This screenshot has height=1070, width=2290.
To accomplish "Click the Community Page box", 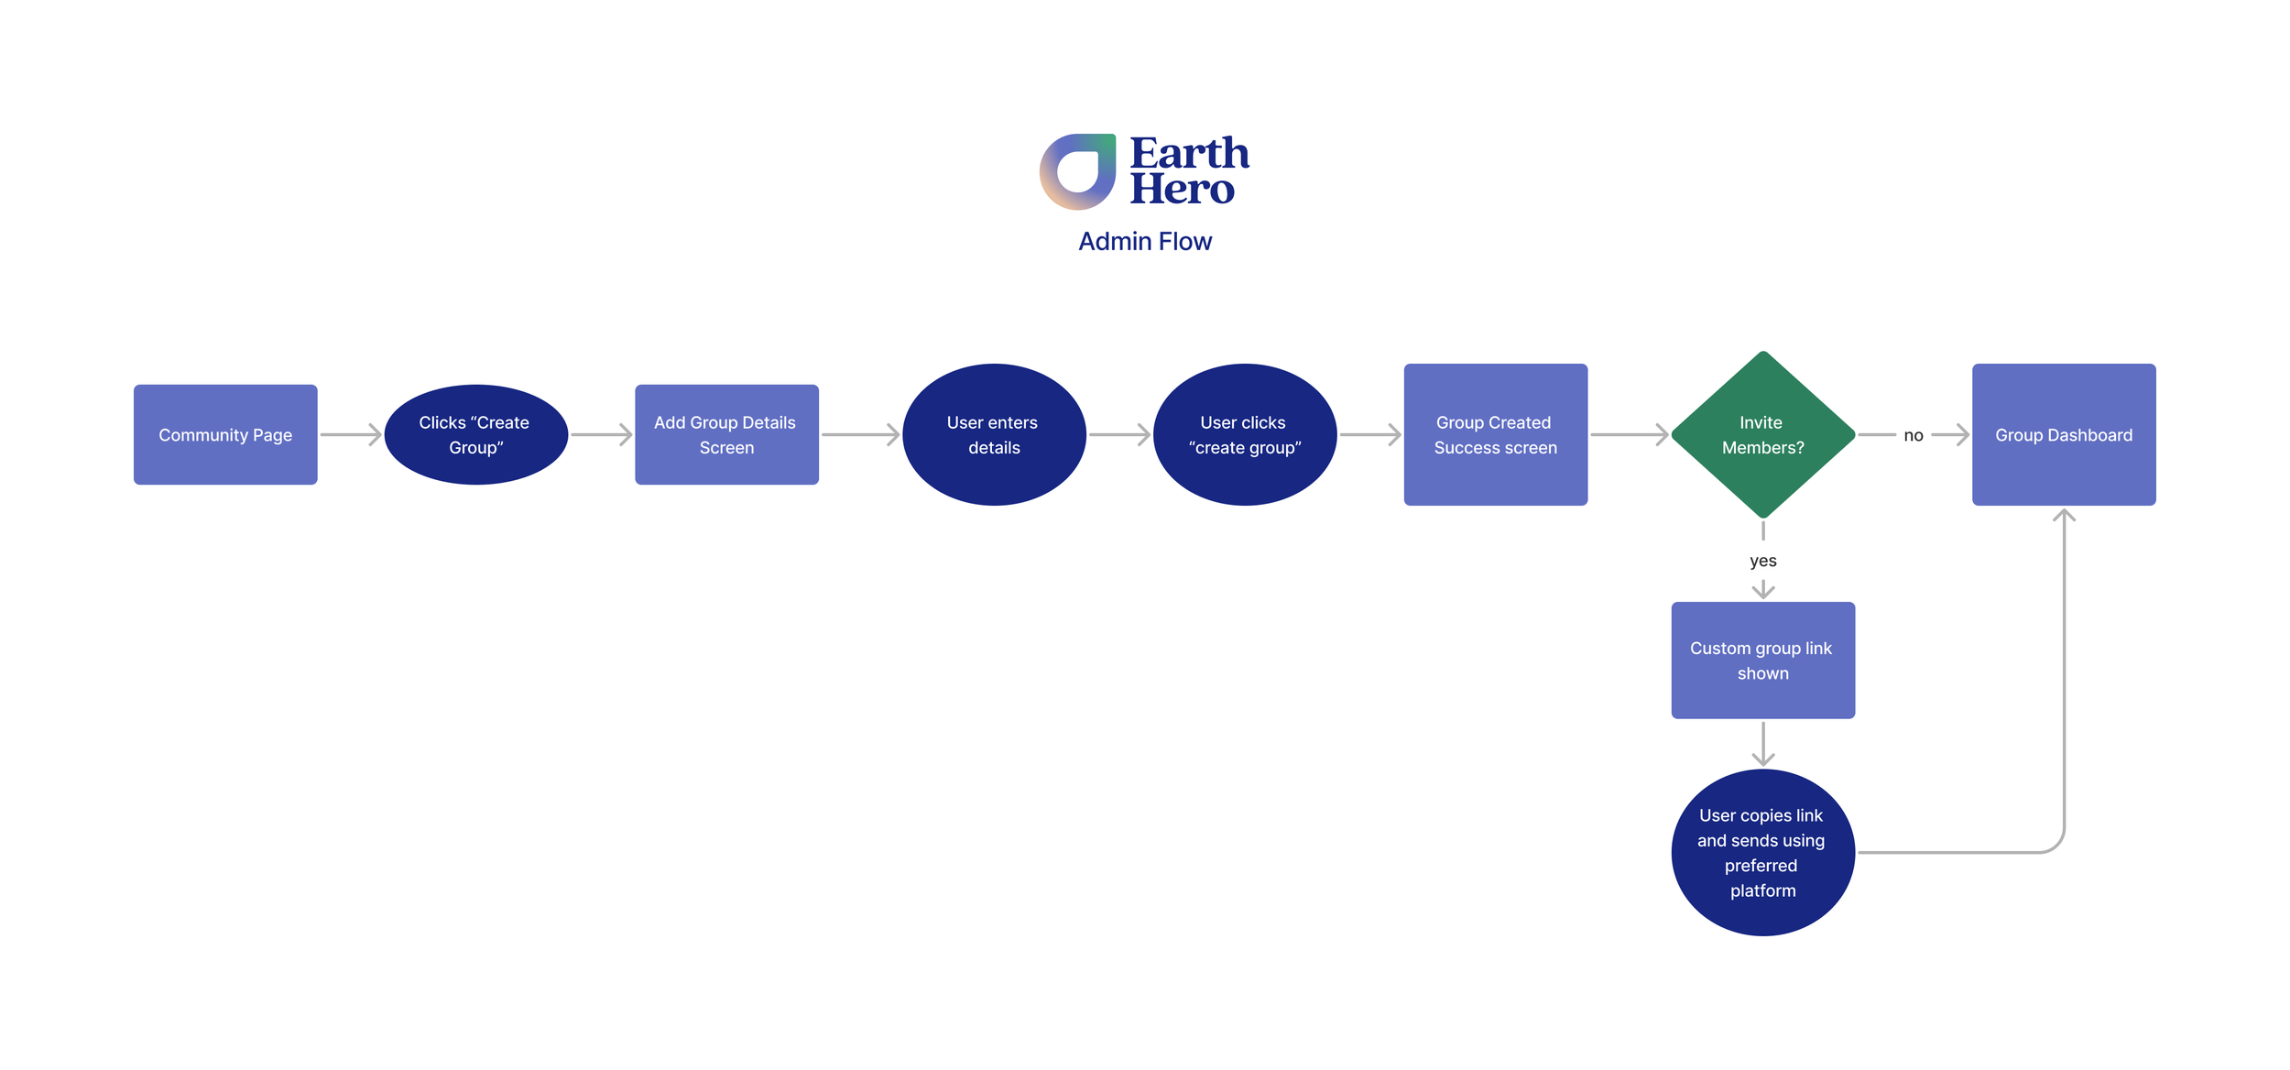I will (x=225, y=434).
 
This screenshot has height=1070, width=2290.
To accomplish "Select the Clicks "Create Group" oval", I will (x=476, y=434).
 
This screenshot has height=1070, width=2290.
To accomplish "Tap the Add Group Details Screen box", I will (x=726, y=434).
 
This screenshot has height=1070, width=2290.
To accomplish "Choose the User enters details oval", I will (x=994, y=434).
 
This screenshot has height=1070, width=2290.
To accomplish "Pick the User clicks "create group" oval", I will (x=1245, y=434).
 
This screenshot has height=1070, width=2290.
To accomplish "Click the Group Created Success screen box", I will (x=1495, y=434).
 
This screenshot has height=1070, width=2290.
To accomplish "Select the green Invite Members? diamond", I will (x=1762, y=434).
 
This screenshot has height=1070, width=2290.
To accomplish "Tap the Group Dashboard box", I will (x=2063, y=434).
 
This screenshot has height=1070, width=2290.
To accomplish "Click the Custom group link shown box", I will (x=1762, y=660).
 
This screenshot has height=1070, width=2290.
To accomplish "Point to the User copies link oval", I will (x=1762, y=852).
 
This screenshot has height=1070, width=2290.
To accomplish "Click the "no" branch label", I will (x=1913, y=435).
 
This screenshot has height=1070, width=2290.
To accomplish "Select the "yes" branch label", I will (x=1762, y=561).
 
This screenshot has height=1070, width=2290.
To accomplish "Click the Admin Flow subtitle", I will (x=1144, y=241).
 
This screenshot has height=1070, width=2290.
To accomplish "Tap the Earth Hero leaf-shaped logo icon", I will (x=1077, y=171).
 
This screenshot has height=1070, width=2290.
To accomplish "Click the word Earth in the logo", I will (x=1189, y=153).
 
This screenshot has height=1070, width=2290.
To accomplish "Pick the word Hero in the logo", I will (x=1182, y=189).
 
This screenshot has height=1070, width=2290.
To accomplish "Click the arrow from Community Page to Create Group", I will (x=351, y=434).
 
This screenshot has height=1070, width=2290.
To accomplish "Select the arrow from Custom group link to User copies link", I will (x=1762, y=743).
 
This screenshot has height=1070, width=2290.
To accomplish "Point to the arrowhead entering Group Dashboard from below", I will (x=2064, y=516).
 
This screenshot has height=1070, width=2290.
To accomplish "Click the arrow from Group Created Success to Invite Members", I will (x=1629, y=434).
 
